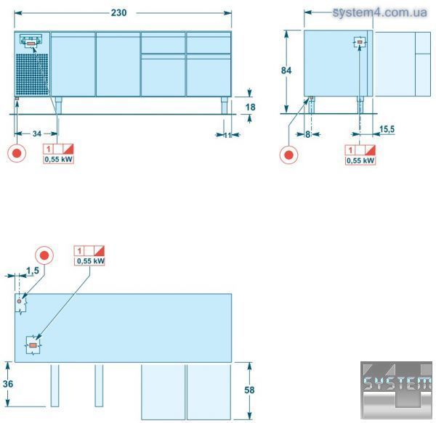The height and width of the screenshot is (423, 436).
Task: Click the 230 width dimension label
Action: point(118,13)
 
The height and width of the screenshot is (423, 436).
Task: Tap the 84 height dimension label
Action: point(286,70)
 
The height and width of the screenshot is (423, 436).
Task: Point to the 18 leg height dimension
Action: point(250,107)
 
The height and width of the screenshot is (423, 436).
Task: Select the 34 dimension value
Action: point(37,134)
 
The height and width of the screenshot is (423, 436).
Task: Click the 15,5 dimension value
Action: point(387,129)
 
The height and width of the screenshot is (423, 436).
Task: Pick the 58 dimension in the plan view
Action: point(249,390)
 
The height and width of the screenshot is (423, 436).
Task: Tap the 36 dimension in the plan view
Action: point(8,384)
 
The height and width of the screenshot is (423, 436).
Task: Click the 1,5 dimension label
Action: point(33,271)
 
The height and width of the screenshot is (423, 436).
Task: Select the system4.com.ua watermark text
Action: point(380,12)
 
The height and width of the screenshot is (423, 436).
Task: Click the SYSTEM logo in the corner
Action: point(396,390)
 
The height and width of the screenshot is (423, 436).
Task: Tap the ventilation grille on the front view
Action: point(32,74)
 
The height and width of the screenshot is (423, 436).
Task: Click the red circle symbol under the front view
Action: point(17,153)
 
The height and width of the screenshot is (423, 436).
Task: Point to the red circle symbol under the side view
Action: point(289,155)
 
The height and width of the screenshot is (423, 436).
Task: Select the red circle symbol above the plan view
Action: point(44,255)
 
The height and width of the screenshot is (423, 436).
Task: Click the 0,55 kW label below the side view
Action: point(360,160)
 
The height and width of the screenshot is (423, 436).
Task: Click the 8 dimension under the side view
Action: point(307,134)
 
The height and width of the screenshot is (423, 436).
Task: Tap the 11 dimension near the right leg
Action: point(227,135)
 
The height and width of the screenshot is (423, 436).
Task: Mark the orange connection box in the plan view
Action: point(33,345)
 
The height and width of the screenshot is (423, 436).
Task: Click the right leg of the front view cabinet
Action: point(225,105)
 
